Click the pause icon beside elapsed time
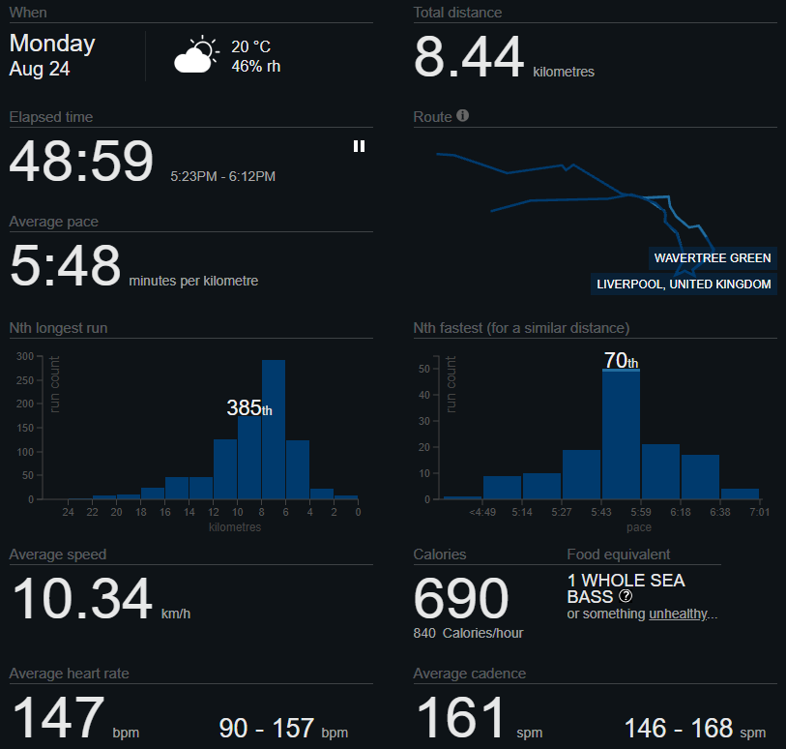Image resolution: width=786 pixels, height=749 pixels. point(359,146)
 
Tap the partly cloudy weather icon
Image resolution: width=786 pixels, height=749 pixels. point(196,54)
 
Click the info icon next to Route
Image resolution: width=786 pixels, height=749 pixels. point(463,115)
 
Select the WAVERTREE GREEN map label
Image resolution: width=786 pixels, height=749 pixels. point(713,257)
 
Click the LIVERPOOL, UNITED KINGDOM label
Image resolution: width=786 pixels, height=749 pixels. point(684,284)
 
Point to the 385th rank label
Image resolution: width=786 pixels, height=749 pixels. point(249,407)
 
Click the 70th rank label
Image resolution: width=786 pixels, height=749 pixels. point(621,360)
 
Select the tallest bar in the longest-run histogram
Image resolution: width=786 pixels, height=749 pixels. point(274,430)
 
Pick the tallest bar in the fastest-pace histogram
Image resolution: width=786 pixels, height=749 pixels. point(621,434)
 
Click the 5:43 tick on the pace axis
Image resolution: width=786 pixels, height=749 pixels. point(601,512)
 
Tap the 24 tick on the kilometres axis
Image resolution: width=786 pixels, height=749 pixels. point(69,512)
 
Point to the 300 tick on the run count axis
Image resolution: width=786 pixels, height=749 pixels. point(25,356)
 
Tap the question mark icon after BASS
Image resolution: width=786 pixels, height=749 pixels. point(626,596)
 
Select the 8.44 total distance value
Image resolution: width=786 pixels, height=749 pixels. point(469,57)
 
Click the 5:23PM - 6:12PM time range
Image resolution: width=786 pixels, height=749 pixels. point(222,176)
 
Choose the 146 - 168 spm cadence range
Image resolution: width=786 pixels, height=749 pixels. point(695,729)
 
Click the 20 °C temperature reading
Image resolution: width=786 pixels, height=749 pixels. point(250,46)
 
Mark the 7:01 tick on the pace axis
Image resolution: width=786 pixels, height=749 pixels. point(760,512)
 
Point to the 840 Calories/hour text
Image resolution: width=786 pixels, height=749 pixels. point(468,633)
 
